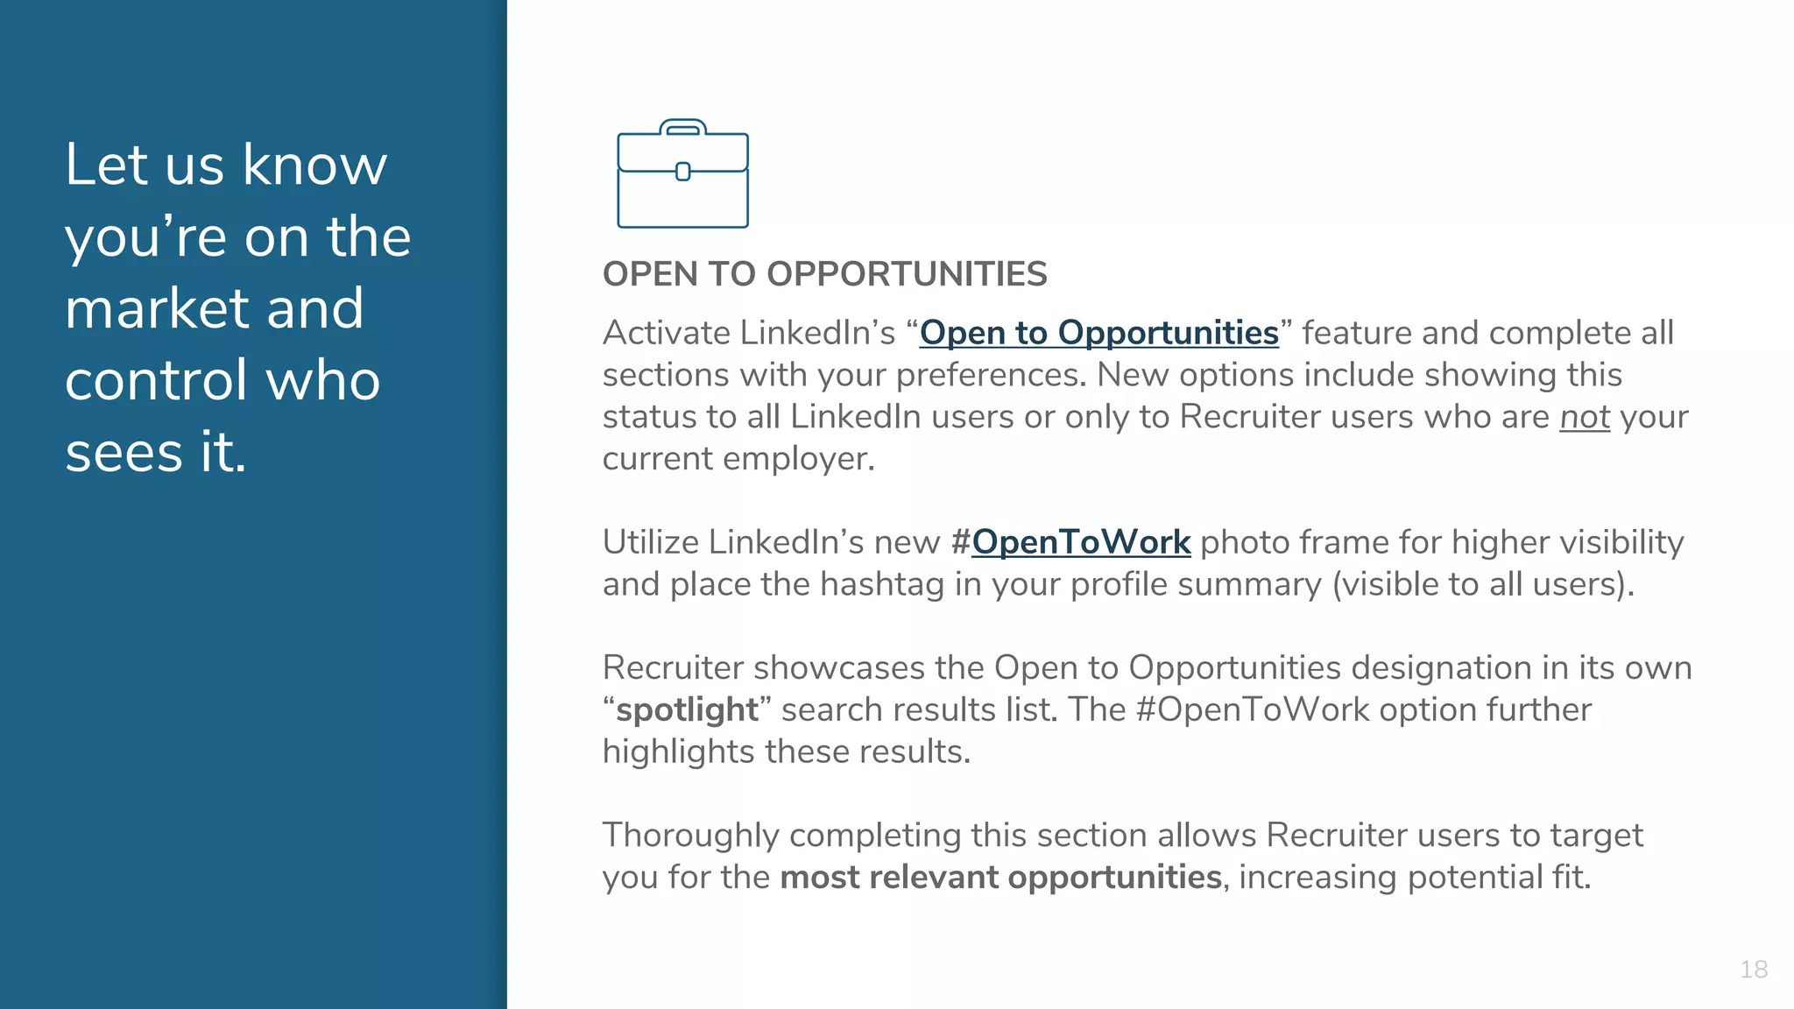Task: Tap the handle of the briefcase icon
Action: [x=682, y=127]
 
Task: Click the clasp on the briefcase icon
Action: [x=683, y=172]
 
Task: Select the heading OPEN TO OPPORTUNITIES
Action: [x=824, y=274]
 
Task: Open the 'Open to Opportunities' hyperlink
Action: [x=1098, y=333]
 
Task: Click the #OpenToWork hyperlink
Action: [x=1081, y=542]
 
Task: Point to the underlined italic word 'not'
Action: [x=1585, y=417]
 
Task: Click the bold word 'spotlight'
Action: [x=687, y=709]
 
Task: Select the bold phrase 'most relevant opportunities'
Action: [x=1000, y=877]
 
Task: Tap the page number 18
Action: [x=1753, y=970]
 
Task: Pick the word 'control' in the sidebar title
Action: [x=156, y=380]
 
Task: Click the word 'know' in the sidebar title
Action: [x=314, y=165]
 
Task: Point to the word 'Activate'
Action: [x=666, y=333]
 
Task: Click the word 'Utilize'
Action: [x=650, y=542]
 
